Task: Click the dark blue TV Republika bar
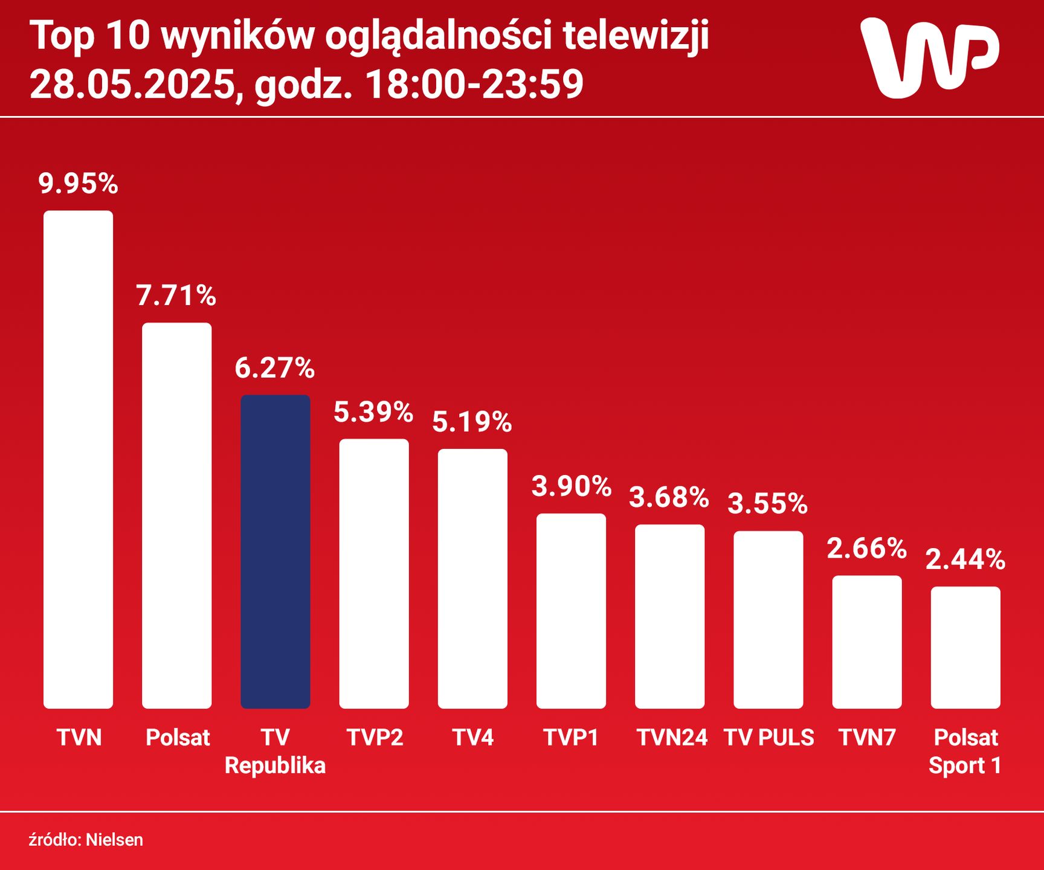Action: point(275,551)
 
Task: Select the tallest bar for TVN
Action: point(78,459)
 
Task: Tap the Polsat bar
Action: point(176,515)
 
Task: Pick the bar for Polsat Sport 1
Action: point(965,647)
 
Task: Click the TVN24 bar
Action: point(669,616)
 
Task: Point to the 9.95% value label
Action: point(78,183)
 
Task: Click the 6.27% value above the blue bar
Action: point(275,367)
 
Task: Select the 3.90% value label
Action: point(571,486)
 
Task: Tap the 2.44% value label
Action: point(965,559)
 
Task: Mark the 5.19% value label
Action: point(472,421)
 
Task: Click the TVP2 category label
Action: point(375,738)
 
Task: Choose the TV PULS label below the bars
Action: point(768,738)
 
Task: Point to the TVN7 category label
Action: point(867,738)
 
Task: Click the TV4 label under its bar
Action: point(472,738)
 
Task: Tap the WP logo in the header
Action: point(929,57)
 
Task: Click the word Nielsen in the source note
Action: point(114,840)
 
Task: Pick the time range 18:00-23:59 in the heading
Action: point(474,85)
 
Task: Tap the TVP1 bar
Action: point(571,611)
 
